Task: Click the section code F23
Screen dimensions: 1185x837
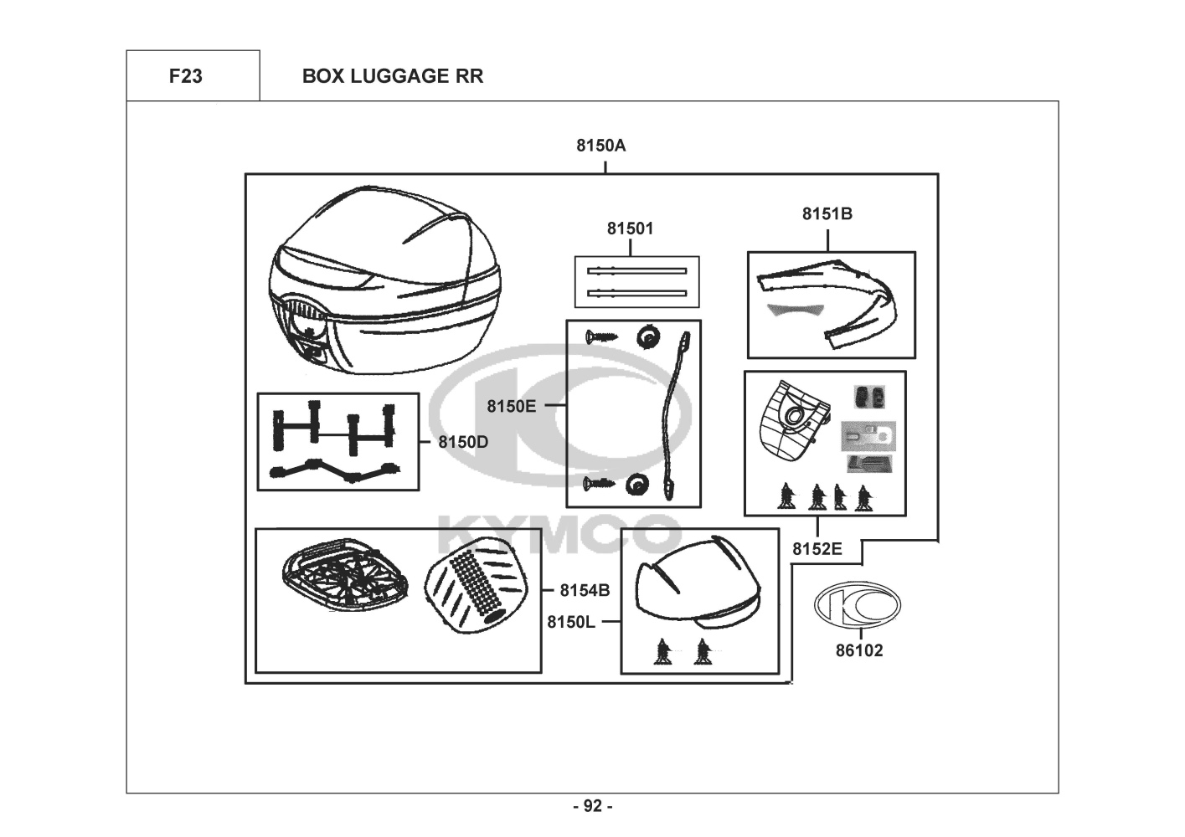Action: (x=185, y=76)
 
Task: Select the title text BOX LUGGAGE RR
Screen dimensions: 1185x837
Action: (x=393, y=76)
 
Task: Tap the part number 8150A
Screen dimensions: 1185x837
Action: (x=600, y=146)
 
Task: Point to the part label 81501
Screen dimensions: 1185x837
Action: (x=630, y=229)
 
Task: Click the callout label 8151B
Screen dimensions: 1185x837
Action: (x=827, y=213)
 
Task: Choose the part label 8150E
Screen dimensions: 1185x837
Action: (x=511, y=406)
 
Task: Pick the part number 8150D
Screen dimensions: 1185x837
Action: (x=463, y=442)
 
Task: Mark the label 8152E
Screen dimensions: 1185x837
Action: (x=817, y=549)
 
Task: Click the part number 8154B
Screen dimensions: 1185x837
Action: (x=585, y=590)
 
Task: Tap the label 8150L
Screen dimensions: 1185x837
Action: (x=571, y=623)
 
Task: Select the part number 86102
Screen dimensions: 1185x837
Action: (x=859, y=650)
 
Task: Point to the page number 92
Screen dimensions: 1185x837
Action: (x=593, y=806)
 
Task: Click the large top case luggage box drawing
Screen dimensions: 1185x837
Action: (x=385, y=280)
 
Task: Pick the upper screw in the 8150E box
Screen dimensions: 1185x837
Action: (x=601, y=336)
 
